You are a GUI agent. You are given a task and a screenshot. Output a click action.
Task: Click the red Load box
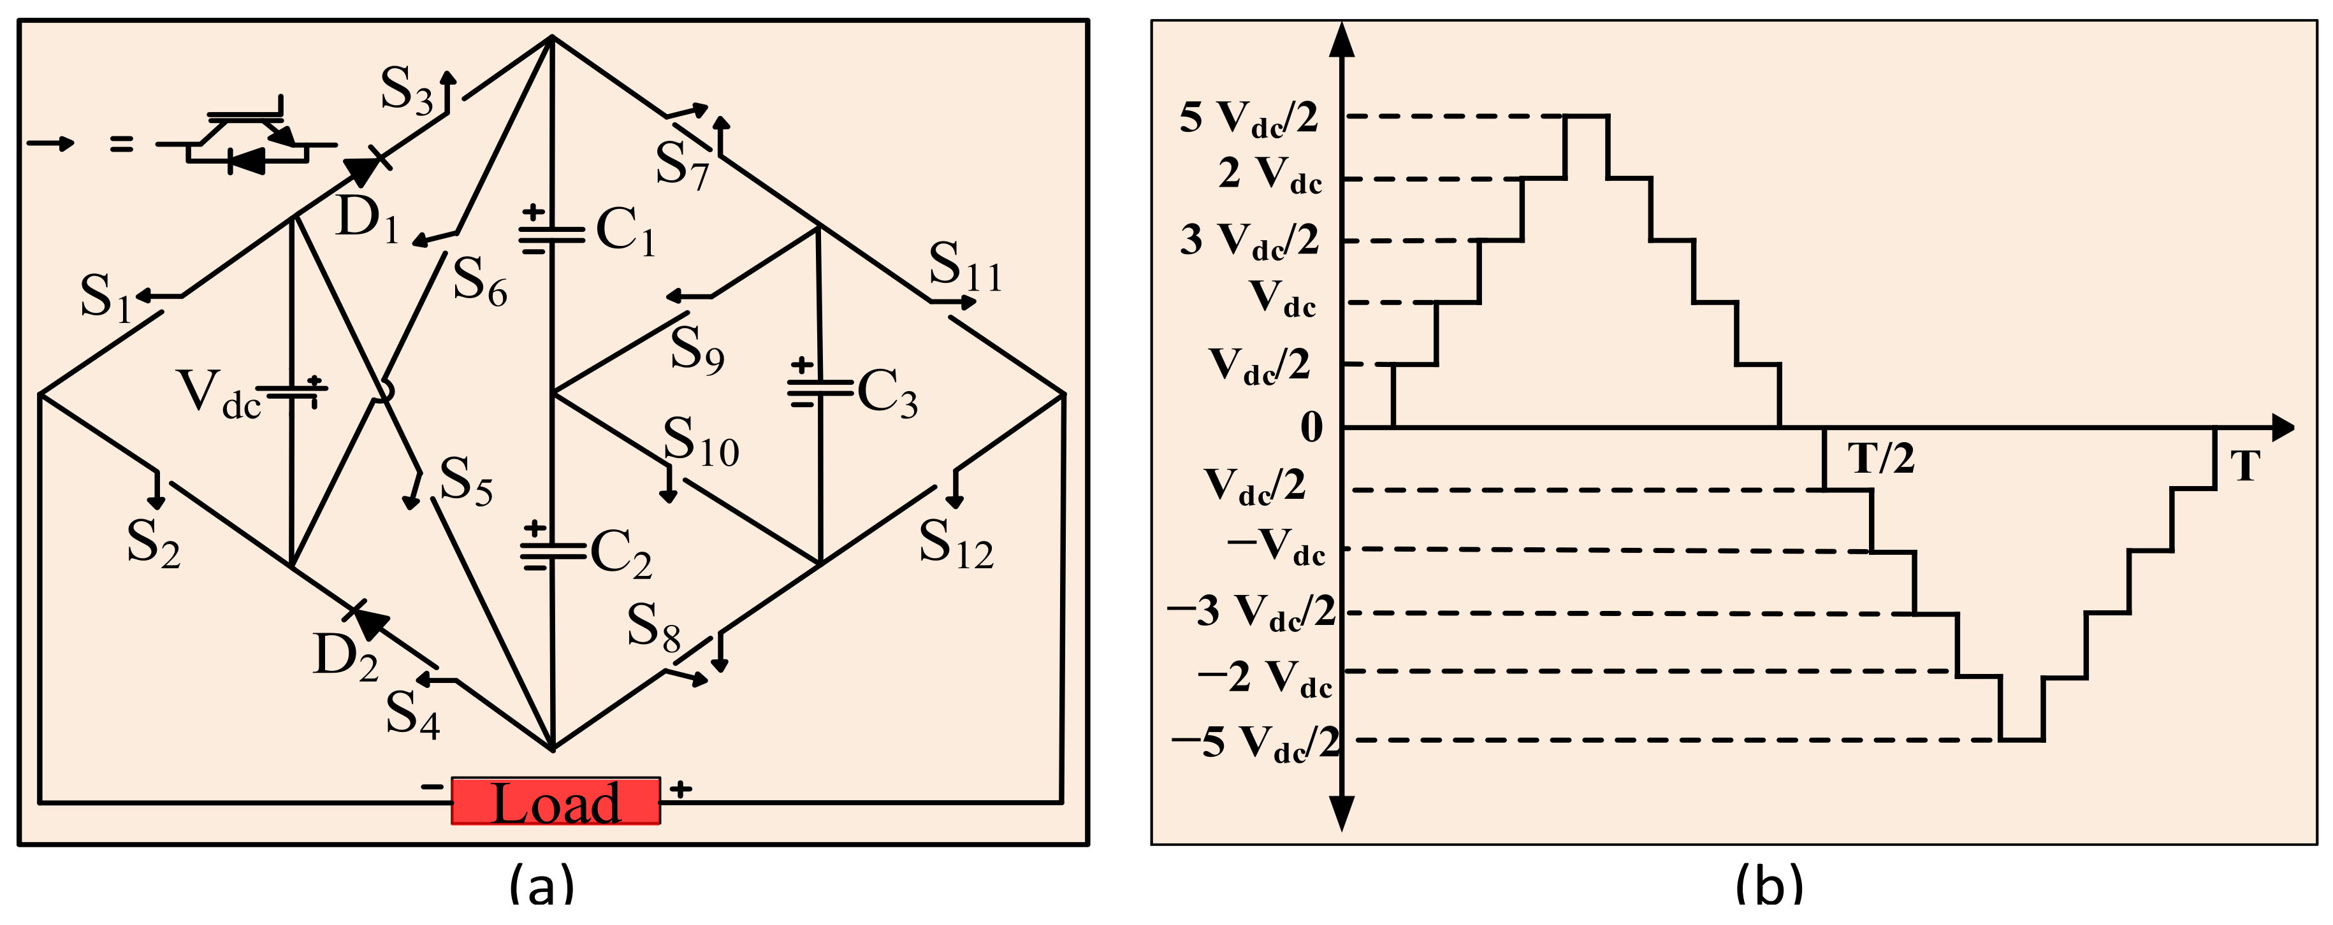tap(555, 801)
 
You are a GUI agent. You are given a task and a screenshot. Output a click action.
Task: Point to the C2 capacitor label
tap(620, 552)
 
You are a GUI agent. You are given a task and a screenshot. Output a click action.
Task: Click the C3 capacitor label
tap(887, 394)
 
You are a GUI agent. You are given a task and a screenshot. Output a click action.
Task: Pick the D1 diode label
tap(367, 220)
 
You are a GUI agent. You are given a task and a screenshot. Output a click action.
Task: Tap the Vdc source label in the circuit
tap(218, 394)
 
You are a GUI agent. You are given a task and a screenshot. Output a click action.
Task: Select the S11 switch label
tap(964, 267)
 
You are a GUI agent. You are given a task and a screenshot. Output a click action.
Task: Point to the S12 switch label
tap(956, 545)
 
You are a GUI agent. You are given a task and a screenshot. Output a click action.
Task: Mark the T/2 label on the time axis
tap(1882, 459)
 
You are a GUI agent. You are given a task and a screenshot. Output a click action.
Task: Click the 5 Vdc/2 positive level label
tap(1248, 118)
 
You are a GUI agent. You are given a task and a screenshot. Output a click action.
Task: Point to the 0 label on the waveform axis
tap(1311, 427)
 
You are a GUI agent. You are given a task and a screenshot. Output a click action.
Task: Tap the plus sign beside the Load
tap(681, 789)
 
